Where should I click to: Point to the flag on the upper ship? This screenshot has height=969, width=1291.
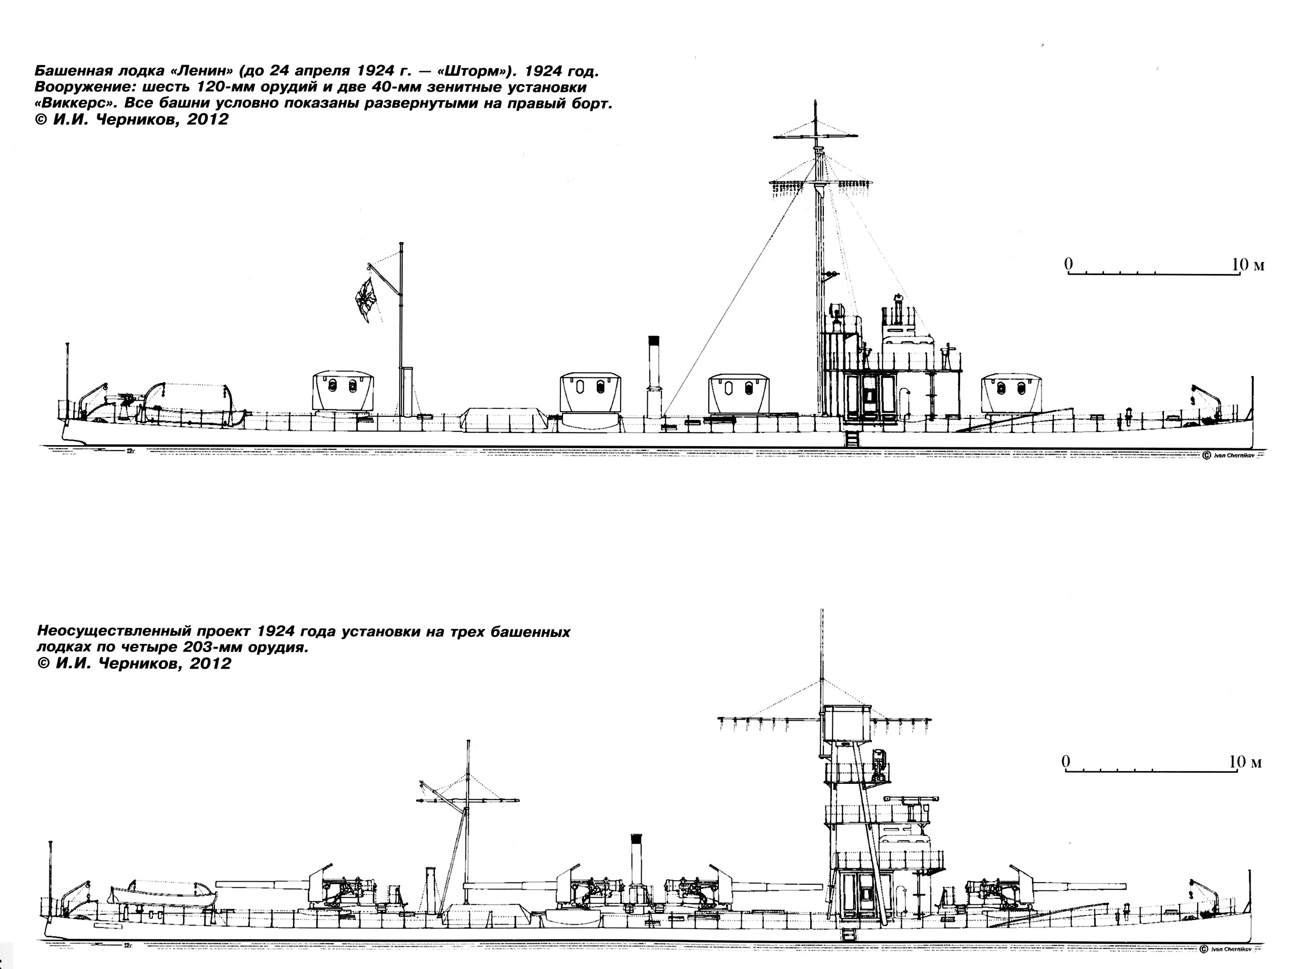(366, 299)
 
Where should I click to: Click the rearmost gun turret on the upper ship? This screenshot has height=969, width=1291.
(343, 392)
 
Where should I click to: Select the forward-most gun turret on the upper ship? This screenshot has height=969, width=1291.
(1012, 394)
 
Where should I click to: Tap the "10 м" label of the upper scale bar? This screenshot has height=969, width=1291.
(1248, 265)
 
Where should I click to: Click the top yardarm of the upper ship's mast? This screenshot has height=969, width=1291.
(816, 137)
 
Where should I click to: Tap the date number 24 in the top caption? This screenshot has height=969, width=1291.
(280, 71)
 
